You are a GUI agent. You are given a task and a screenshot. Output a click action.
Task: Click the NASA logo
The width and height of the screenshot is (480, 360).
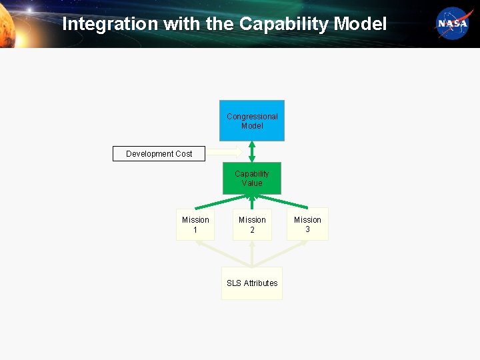point(454,24)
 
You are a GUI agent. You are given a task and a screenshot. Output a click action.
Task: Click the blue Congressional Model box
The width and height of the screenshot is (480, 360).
point(252,121)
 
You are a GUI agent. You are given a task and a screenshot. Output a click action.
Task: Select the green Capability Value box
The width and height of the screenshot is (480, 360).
point(252,178)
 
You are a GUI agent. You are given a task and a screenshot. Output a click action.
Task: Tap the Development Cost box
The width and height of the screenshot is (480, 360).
point(159,154)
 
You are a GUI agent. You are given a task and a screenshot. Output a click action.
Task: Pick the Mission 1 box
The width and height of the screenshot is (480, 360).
point(195,224)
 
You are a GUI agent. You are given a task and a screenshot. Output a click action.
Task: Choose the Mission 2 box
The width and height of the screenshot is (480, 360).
point(252,224)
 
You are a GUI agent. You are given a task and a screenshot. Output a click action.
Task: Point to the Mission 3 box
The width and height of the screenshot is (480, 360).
point(307,224)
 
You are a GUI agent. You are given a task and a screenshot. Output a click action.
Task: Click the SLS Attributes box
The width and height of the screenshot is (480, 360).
point(252,283)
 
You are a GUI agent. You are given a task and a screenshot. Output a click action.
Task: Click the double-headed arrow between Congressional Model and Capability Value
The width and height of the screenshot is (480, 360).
point(252,151)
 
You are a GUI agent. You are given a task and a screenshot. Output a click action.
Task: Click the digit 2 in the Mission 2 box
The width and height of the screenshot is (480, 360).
point(252,230)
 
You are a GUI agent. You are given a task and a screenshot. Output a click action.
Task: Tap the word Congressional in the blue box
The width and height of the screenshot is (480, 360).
point(252,117)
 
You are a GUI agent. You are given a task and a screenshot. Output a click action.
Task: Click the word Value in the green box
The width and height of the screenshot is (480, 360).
point(252,183)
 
